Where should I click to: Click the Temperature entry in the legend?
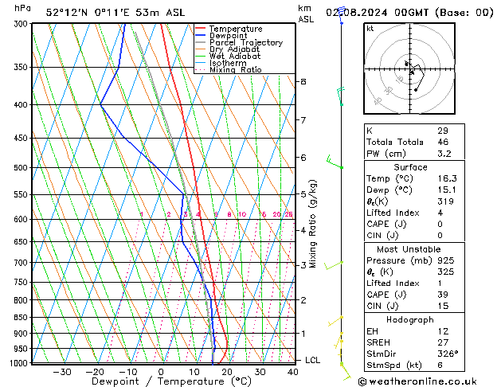[x=235, y=29]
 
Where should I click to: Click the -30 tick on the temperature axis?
[x=61, y=372]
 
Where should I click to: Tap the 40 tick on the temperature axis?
[x=293, y=372]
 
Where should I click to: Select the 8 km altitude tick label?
[x=303, y=82]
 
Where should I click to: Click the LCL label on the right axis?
[x=313, y=360]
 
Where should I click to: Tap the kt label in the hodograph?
[x=370, y=29]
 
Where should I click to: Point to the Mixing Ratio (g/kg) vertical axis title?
[x=313, y=224]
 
